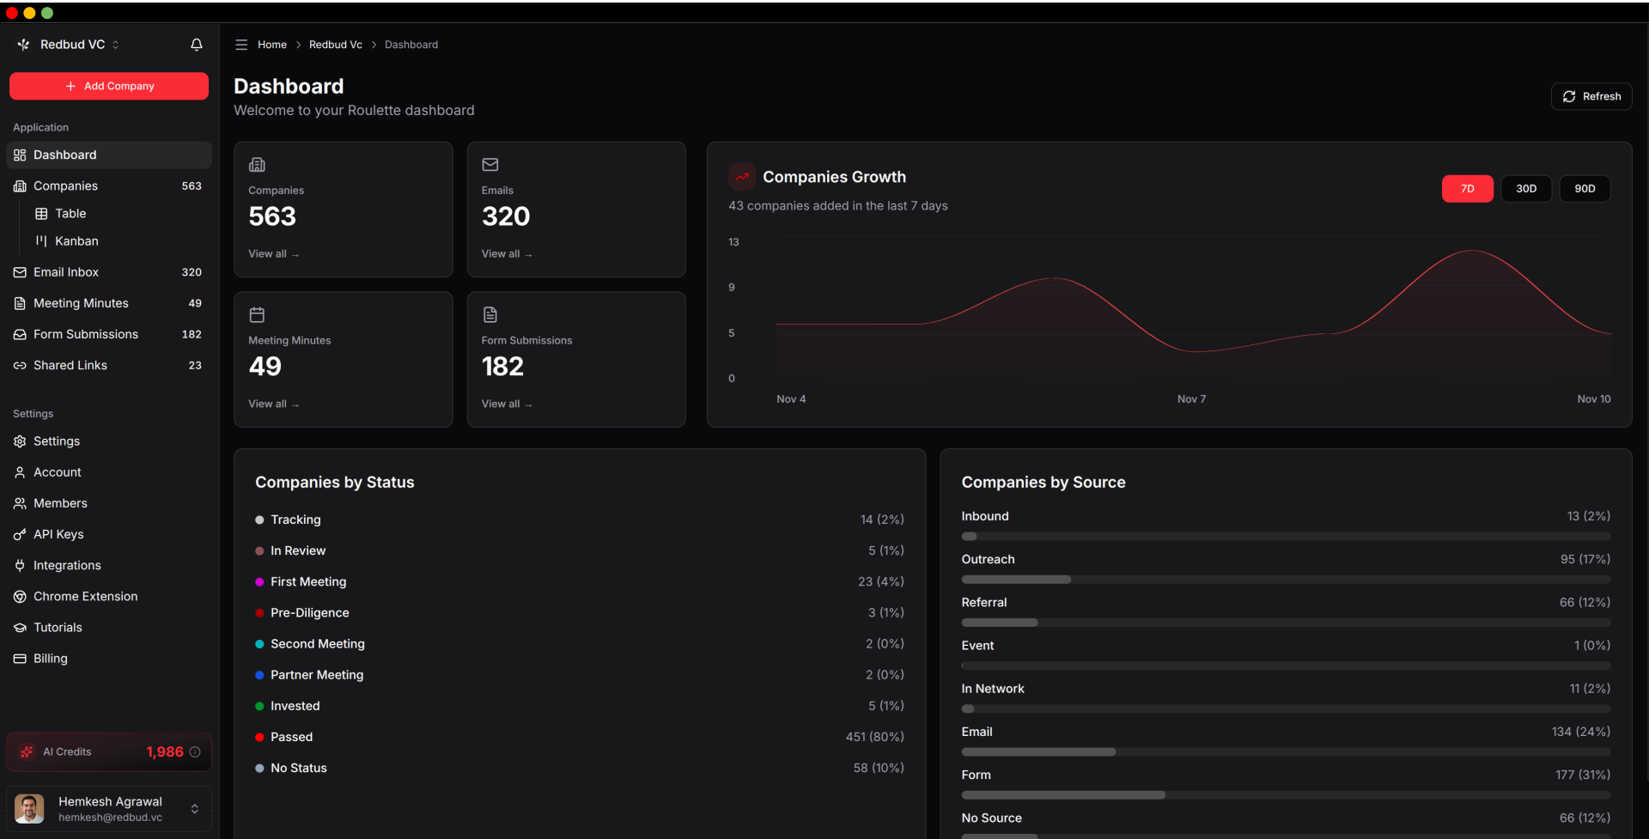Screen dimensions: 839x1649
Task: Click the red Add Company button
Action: (x=109, y=86)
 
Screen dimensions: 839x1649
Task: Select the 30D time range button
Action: (x=1525, y=189)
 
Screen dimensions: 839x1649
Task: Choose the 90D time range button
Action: (x=1584, y=189)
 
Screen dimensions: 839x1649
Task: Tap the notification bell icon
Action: (x=197, y=45)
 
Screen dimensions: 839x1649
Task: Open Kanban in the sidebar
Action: (x=76, y=241)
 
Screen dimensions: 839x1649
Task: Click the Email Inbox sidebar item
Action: (x=66, y=272)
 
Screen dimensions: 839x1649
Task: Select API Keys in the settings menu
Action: (x=58, y=534)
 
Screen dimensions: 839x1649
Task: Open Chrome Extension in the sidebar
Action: (x=85, y=596)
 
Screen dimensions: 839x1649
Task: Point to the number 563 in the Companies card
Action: (x=272, y=216)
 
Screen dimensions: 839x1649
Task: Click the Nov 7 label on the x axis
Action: (x=1191, y=399)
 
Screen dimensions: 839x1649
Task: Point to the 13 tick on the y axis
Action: (x=733, y=242)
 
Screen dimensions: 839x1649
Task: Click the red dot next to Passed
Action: (x=259, y=737)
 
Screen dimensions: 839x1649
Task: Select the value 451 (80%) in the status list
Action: (x=874, y=737)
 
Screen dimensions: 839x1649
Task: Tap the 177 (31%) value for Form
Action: (x=1582, y=775)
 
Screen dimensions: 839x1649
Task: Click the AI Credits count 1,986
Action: (x=165, y=752)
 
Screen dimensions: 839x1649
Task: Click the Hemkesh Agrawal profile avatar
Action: (x=29, y=808)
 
